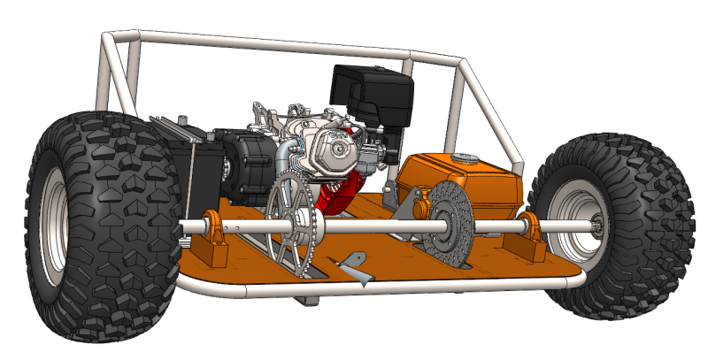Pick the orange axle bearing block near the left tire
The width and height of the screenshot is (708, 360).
212,239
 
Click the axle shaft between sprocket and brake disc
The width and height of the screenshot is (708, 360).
372,229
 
